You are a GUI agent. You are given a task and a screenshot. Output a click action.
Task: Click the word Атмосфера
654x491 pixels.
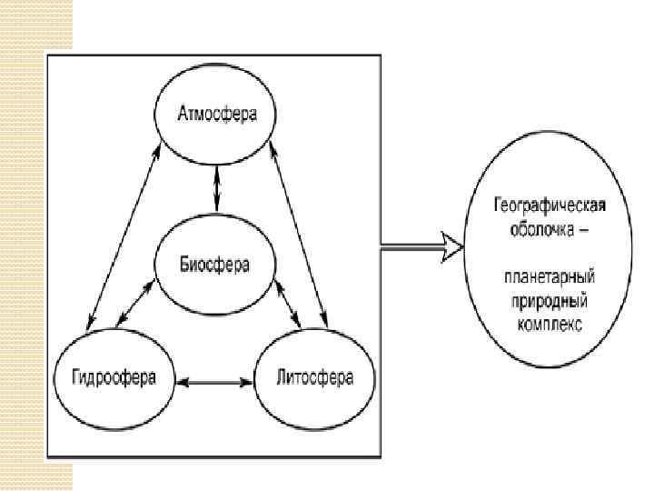click(x=216, y=115)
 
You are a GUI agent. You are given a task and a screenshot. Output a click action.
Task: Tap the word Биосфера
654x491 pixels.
click(x=215, y=265)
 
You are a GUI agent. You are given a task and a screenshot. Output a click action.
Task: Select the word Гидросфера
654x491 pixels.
click(x=114, y=376)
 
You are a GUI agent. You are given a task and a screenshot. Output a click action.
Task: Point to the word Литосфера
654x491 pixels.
click(x=314, y=376)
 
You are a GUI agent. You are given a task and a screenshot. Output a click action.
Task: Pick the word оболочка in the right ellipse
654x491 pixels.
click(x=538, y=229)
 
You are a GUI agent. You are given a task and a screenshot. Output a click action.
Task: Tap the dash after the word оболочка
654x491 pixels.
click(x=583, y=230)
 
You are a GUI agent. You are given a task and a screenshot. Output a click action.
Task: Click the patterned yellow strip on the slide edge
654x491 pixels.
click(x=35, y=245)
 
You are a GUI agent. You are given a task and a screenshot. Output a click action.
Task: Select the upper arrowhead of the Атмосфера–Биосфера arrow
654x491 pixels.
click(x=216, y=172)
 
